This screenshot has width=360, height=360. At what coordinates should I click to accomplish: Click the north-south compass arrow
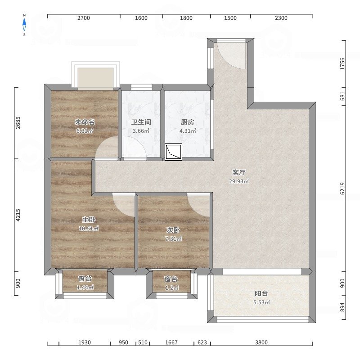point(24,25)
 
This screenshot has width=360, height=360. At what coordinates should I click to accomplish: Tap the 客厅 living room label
point(239,172)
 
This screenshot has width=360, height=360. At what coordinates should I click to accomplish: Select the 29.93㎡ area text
point(239,181)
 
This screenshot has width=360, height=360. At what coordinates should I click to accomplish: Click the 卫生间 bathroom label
point(141,122)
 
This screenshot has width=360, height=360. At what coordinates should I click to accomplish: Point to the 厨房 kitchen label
point(187,122)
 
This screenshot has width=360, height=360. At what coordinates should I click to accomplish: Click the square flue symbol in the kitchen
point(173,152)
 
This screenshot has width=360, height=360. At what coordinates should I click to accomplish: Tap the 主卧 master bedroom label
point(89,220)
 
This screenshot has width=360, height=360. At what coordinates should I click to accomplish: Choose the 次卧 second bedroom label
point(173,230)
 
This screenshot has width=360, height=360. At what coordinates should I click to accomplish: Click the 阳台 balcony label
point(261,293)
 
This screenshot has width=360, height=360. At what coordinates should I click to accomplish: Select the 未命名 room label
point(85,122)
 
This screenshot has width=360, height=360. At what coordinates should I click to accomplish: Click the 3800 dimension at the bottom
point(261,342)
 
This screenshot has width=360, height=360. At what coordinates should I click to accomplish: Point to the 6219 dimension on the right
point(342,188)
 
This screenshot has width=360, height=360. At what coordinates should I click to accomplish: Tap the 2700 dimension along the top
point(84,18)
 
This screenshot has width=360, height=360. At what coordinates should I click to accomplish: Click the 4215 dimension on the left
point(18,215)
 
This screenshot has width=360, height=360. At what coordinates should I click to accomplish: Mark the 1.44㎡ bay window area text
point(85,288)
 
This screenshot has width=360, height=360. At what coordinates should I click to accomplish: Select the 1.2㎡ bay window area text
point(172,288)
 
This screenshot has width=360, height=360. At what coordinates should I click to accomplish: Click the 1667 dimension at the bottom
point(171,342)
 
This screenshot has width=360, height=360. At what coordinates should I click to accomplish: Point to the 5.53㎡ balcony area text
point(261,302)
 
